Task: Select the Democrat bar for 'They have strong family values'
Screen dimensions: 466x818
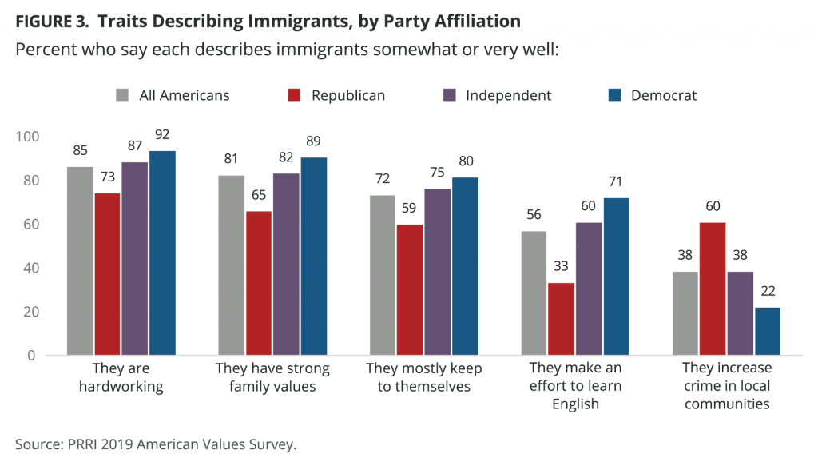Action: coord(314,256)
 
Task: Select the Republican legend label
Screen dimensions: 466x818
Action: coord(348,95)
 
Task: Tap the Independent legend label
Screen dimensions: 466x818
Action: coord(509,95)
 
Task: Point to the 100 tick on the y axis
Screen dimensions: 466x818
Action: coord(27,137)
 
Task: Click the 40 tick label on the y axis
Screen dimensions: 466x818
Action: coord(30,268)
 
